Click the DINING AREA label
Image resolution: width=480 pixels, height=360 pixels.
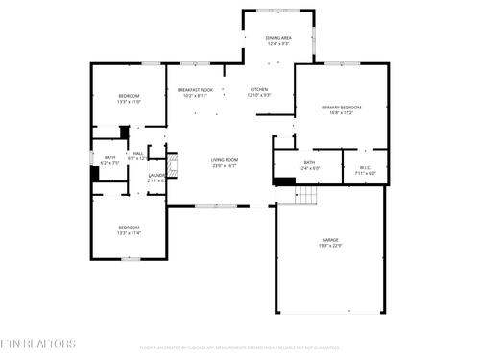(278, 38)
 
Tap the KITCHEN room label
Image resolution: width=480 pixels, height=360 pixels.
(259, 89)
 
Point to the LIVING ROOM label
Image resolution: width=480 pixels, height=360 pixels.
(225, 159)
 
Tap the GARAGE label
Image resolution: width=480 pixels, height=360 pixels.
(329, 240)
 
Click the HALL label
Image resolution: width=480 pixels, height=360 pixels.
(138, 154)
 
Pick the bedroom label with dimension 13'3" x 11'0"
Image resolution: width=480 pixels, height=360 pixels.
(130, 96)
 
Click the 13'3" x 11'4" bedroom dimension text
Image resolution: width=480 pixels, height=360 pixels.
(130, 233)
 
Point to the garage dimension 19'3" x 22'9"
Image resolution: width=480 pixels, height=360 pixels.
(329, 246)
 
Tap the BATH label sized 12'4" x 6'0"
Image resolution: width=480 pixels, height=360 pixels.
(309, 162)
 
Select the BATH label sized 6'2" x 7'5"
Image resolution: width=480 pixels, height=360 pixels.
(109, 157)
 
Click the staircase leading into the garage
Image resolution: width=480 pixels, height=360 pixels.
(305, 196)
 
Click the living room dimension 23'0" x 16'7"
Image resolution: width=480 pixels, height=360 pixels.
(225, 166)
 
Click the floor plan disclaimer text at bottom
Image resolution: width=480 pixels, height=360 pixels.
(239, 348)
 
